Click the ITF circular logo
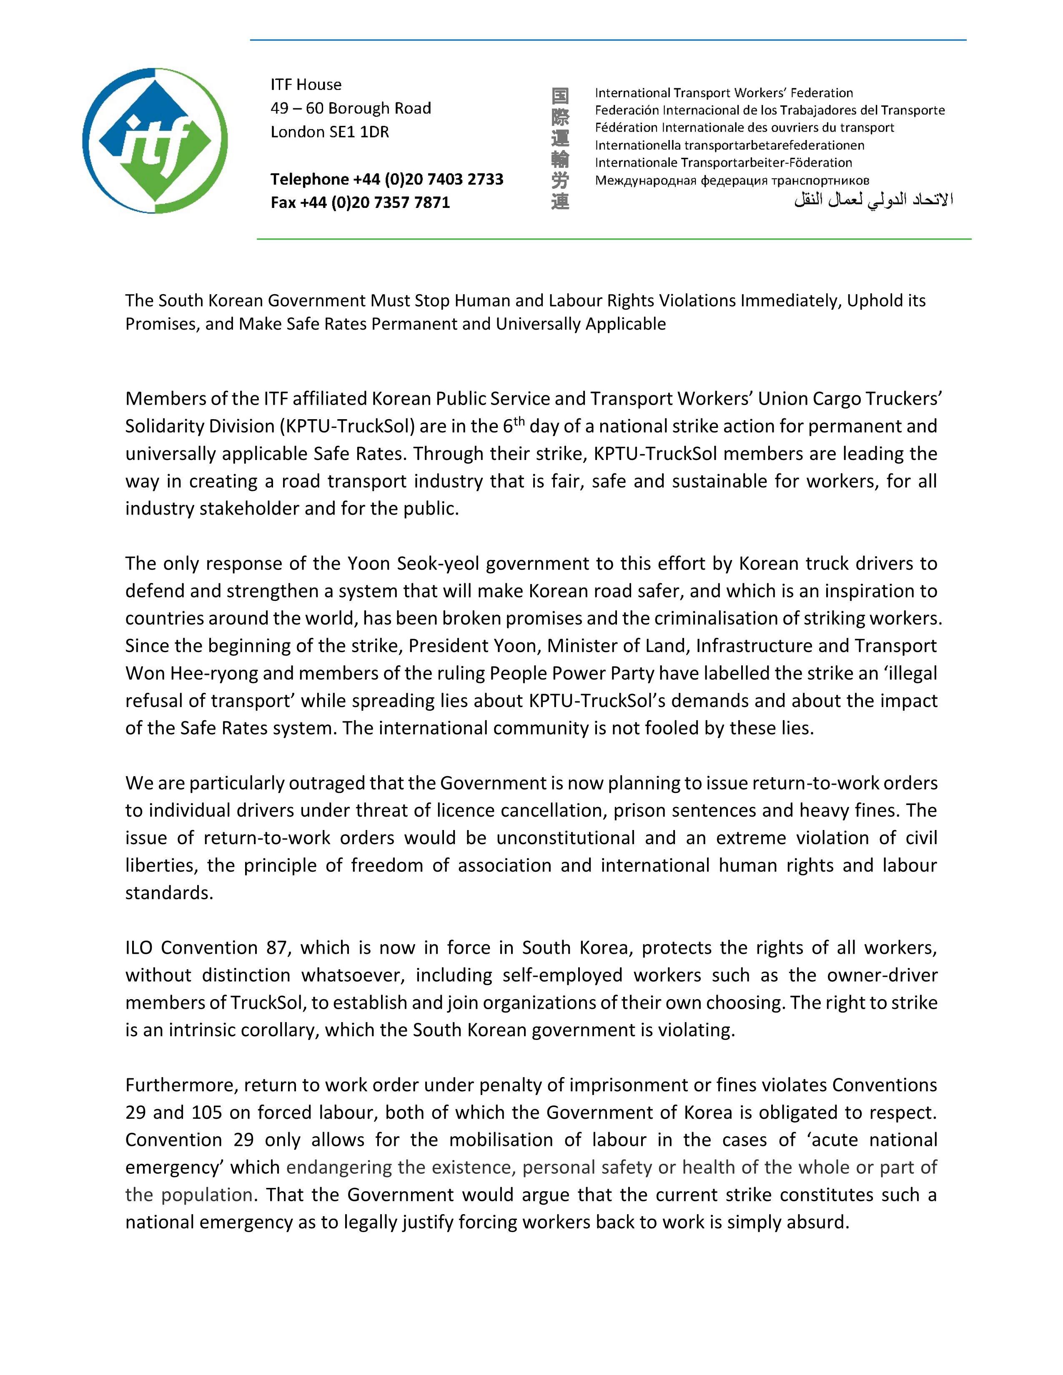point(155,141)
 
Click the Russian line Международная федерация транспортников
point(732,181)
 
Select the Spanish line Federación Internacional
point(770,110)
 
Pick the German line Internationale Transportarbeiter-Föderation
point(723,163)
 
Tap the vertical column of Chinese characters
point(560,149)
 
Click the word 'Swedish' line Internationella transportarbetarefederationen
point(729,145)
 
